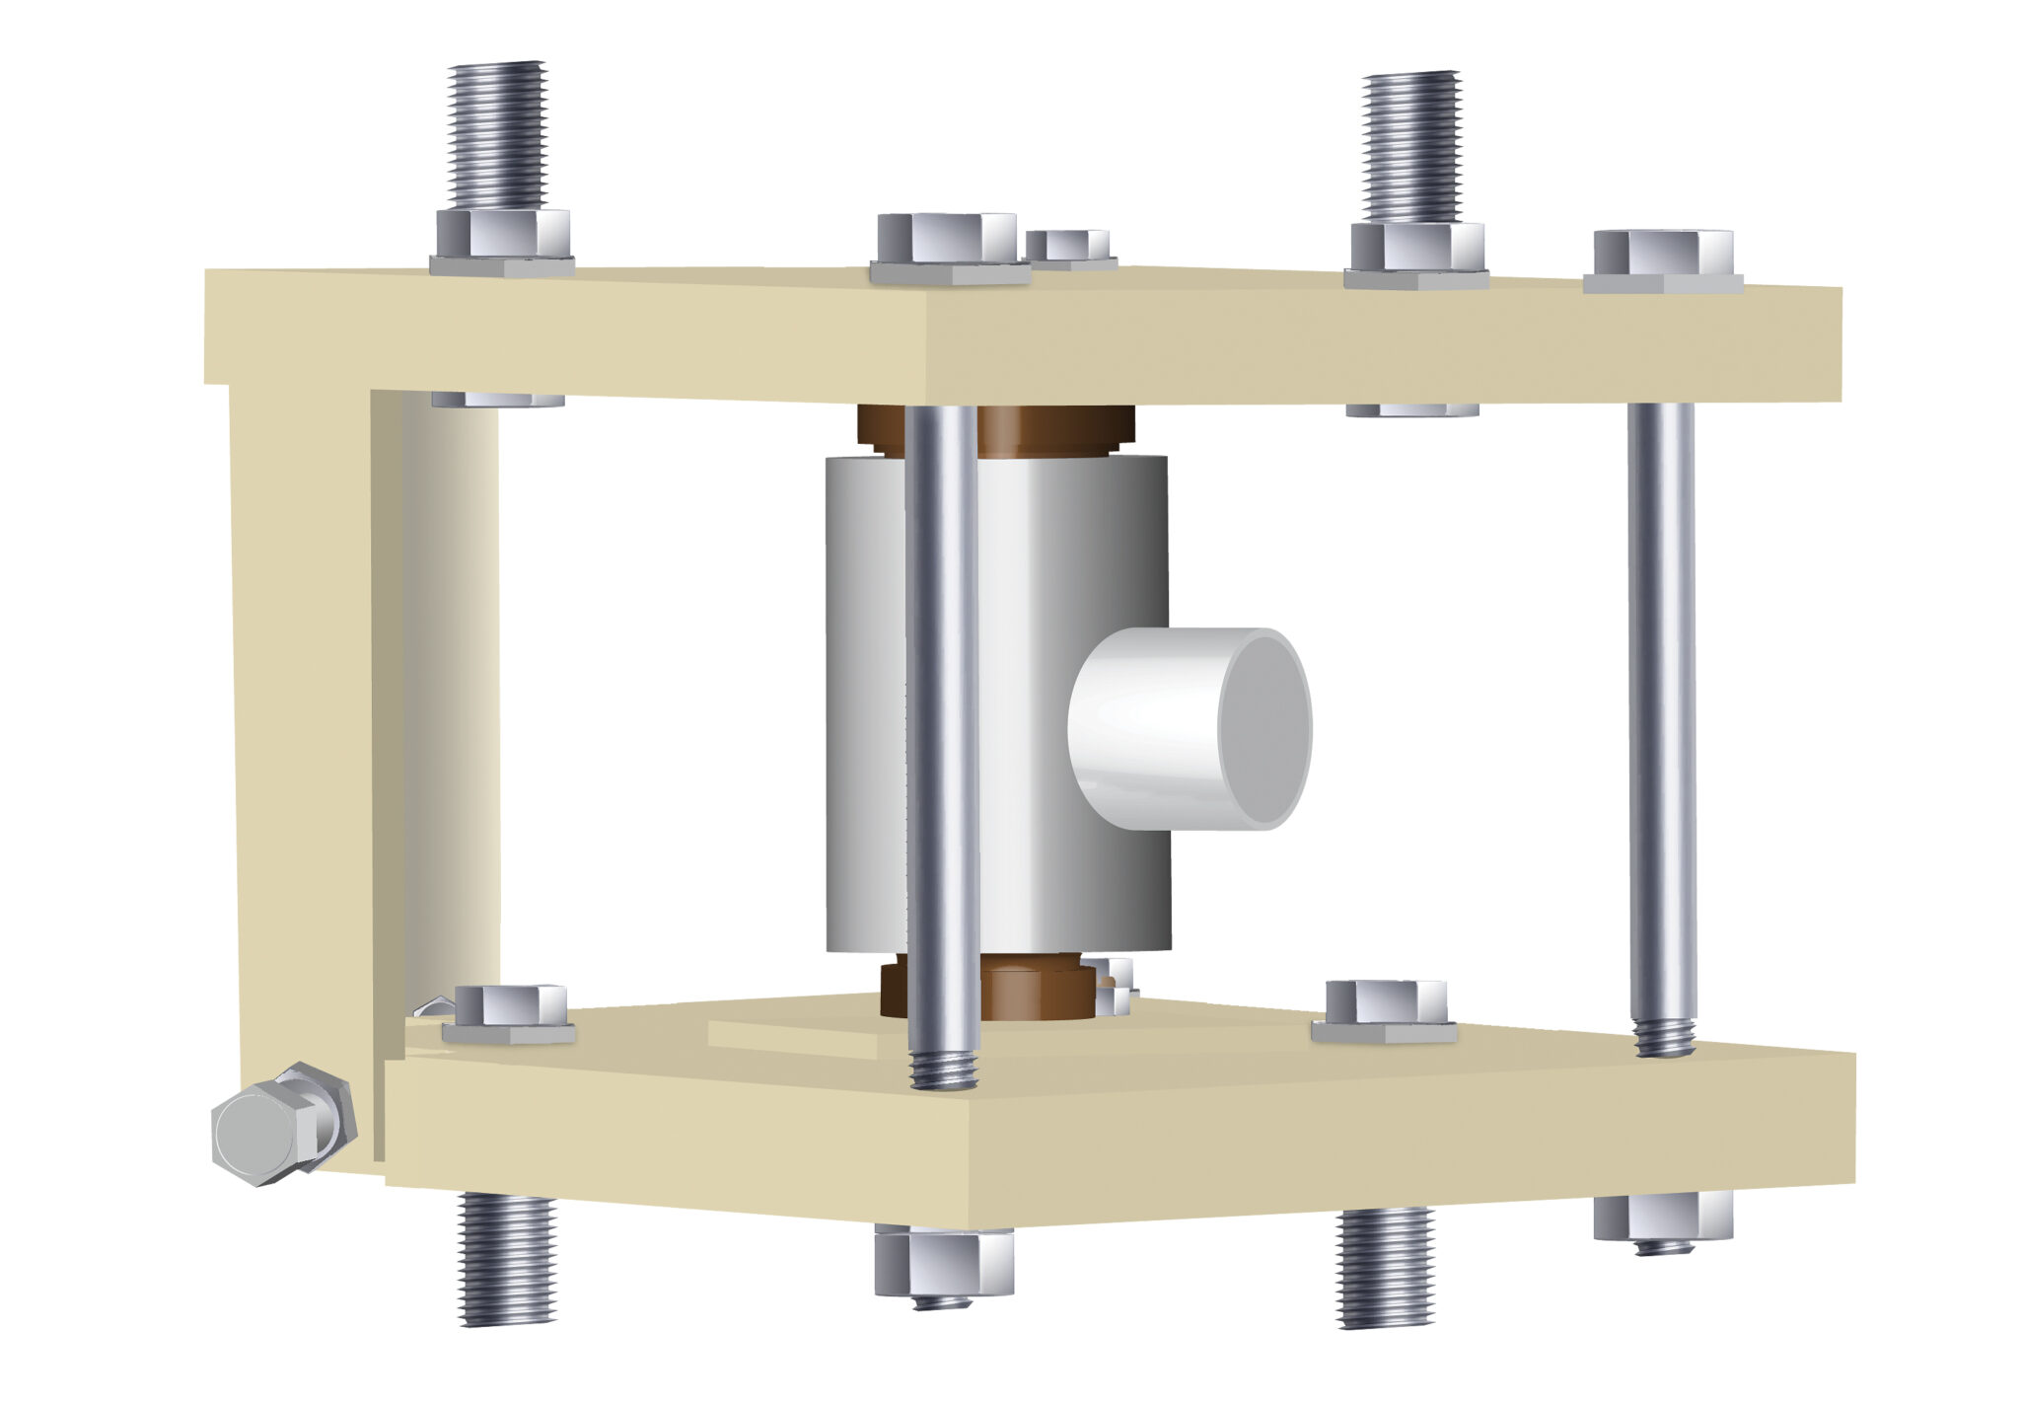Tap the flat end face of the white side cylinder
(1264, 728)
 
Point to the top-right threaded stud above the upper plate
(1410, 146)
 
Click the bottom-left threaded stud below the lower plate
(507, 1258)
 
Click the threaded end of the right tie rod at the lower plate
(1664, 1037)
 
